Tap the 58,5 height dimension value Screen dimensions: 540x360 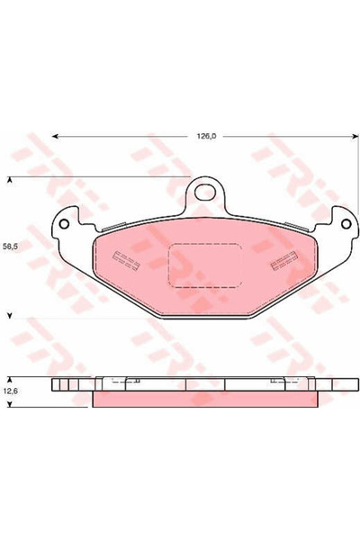[11, 245]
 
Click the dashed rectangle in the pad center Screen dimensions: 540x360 [204, 265]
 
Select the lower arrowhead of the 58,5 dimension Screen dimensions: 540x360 [11, 316]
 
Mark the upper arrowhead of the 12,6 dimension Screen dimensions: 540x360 [11, 379]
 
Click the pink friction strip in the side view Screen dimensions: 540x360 [204, 398]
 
